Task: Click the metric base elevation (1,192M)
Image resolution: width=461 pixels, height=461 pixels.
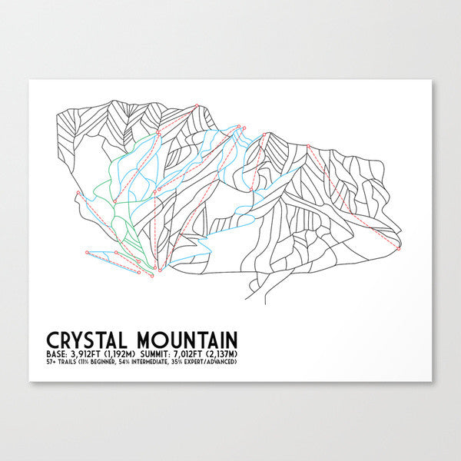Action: click(x=125, y=353)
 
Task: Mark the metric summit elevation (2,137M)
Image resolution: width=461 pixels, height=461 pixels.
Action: click(x=233, y=353)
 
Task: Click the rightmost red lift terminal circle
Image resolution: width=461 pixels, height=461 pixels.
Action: click(x=399, y=247)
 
